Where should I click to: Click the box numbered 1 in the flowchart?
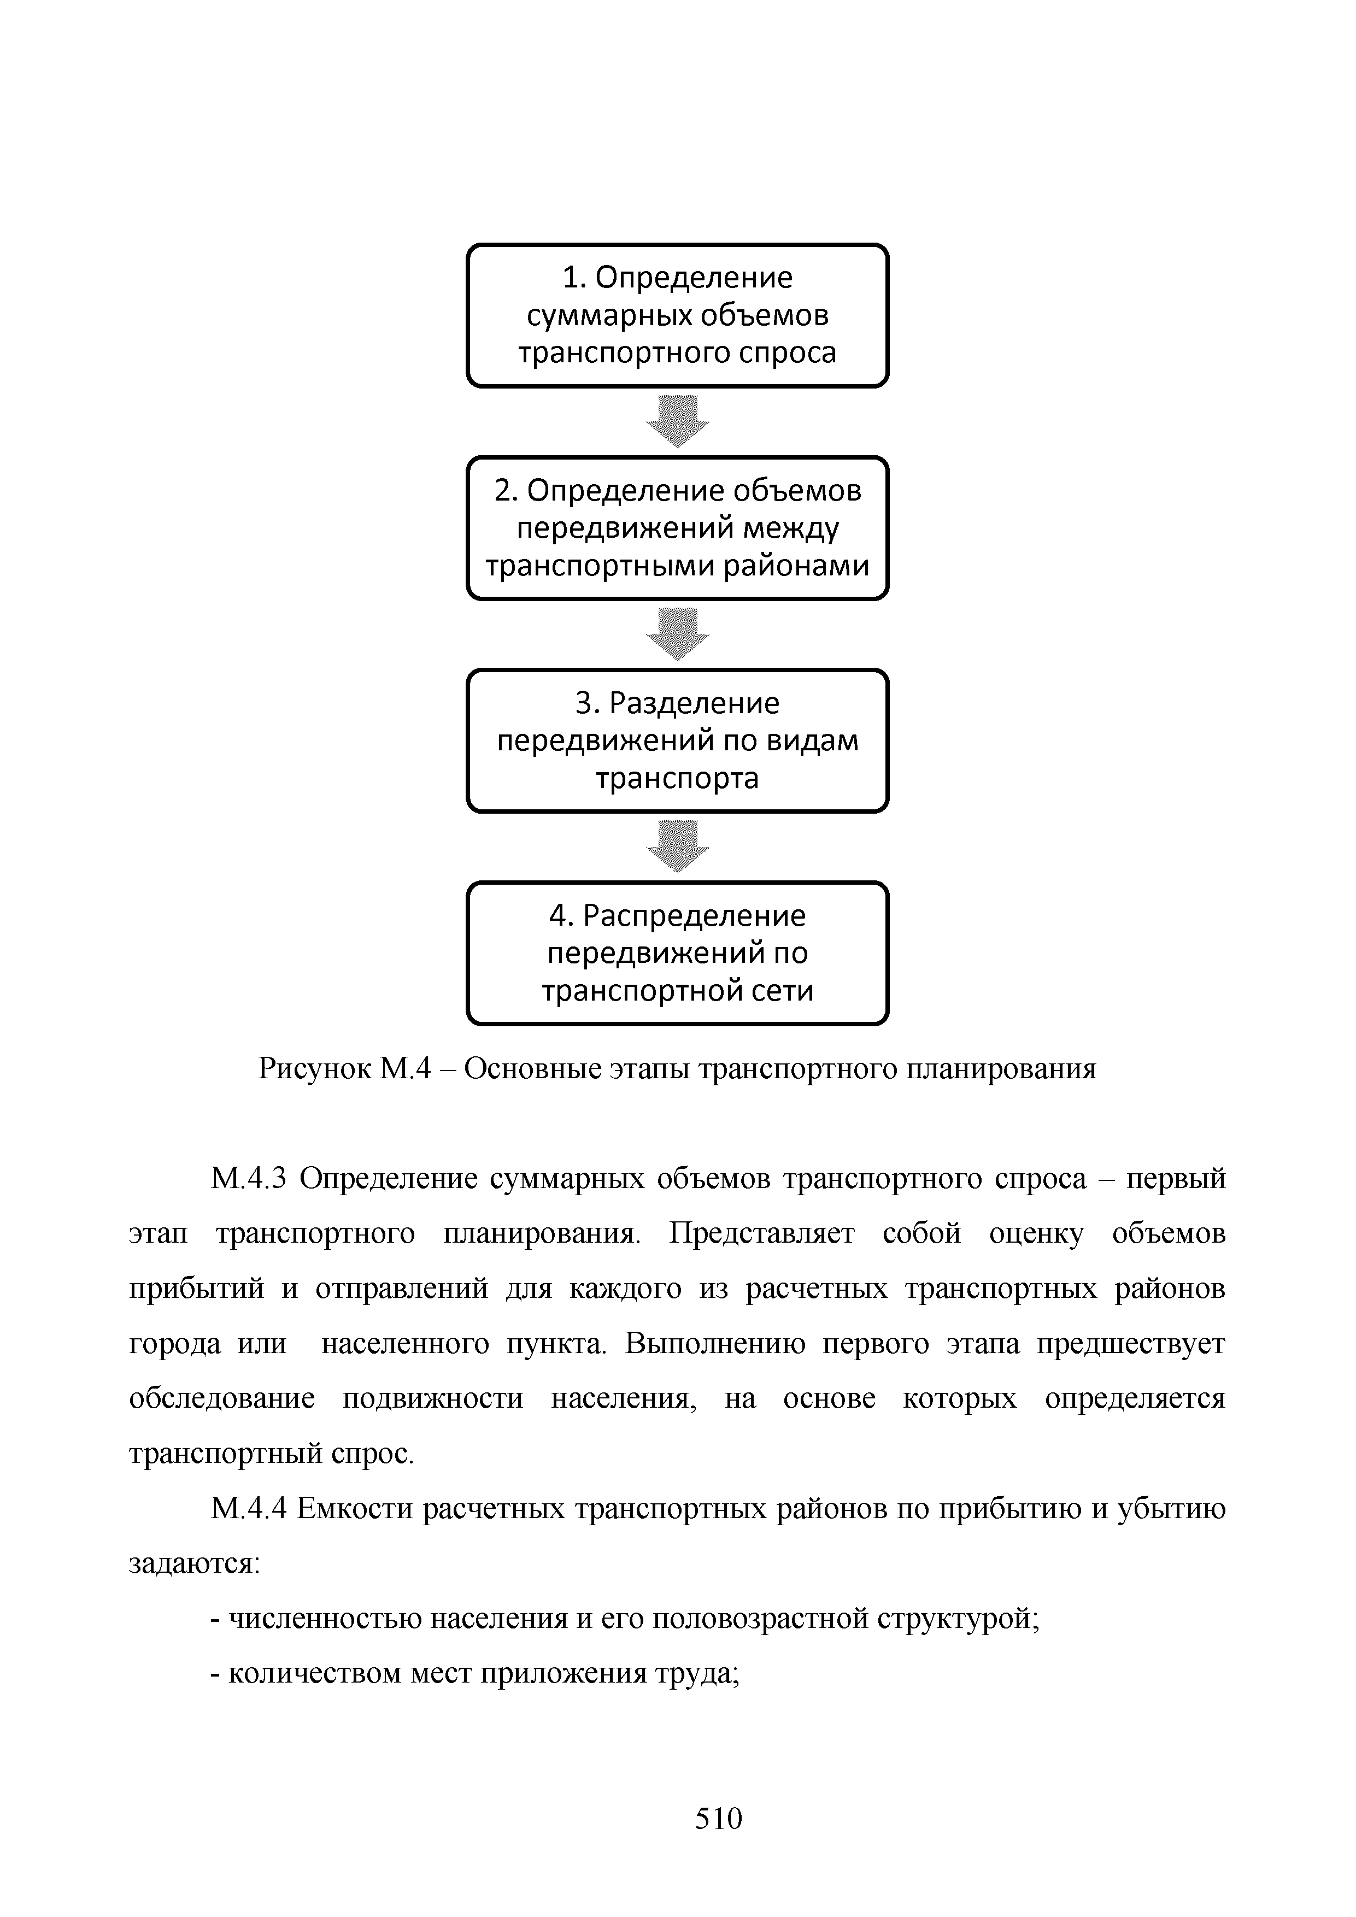(677, 316)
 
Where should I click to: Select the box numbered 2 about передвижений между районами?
(677, 528)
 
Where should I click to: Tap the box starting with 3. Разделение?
(677, 740)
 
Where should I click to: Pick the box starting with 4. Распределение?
(677, 952)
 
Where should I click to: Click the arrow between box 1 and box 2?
(677, 421)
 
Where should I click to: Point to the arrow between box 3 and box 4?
(677, 846)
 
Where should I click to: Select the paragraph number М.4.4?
(249, 1509)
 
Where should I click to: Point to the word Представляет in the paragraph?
(761, 1234)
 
